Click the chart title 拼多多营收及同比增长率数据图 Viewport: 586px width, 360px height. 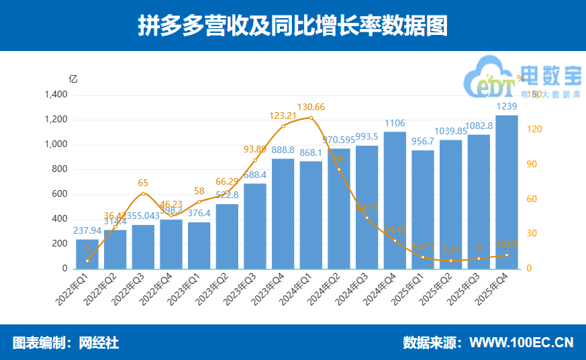(x=293, y=26)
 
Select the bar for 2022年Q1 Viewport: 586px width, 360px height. (x=87, y=254)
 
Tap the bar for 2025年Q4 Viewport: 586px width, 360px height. (x=506, y=192)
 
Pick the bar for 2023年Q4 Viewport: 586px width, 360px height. (x=283, y=214)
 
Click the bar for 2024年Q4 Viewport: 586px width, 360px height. (x=395, y=200)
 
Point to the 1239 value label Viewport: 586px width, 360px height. (x=506, y=107)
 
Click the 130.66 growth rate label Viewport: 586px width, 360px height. (x=311, y=107)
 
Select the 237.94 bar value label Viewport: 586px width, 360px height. (x=87, y=231)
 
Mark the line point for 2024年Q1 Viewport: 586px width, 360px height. (x=311, y=118)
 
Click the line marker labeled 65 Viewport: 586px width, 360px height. (x=143, y=193)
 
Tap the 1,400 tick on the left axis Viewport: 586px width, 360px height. (x=56, y=95)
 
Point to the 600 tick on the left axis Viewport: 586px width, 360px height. (x=60, y=194)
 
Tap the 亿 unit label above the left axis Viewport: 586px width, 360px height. (x=73, y=79)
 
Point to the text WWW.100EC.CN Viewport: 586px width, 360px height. (x=522, y=343)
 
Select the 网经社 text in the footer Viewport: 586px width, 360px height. (x=99, y=343)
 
